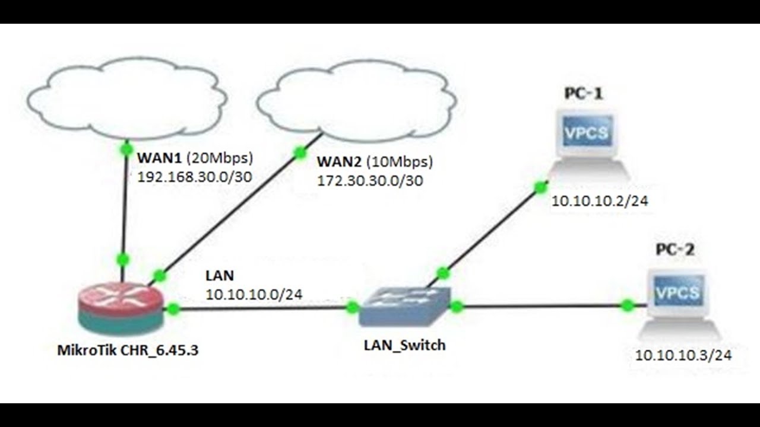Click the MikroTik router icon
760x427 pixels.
[x=121, y=309]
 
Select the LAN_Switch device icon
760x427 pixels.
[x=405, y=307]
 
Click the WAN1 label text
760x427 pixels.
[x=160, y=158]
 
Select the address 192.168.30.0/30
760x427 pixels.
[x=195, y=177]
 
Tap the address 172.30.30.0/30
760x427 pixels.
[x=370, y=181]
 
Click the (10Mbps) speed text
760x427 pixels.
[x=400, y=162]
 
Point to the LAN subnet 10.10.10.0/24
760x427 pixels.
[x=254, y=294]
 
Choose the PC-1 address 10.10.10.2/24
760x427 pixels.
[x=600, y=201]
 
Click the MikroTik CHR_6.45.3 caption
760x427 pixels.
[x=128, y=350]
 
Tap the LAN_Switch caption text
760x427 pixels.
[x=405, y=345]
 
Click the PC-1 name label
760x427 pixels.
[x=584, y=94]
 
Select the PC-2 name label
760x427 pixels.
[x=675, y=250]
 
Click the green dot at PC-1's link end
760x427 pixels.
[x=540, y=187]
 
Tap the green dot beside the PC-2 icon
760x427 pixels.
[x=628, y=305]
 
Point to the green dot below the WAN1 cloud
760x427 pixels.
[x=126, y=148]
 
